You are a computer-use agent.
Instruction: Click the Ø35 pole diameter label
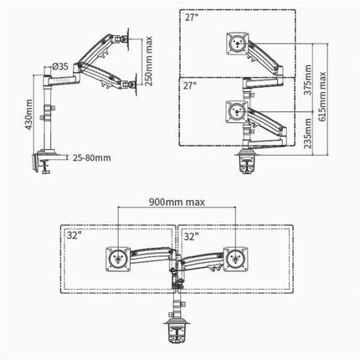[x=59, y=66]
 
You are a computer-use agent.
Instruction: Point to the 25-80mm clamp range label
[x=90, y=157]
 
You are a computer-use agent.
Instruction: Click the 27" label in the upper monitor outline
[x=193, y=16]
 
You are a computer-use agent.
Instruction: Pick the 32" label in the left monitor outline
[x=75, y=236]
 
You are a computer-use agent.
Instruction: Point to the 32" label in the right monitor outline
[x=191, y=236]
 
